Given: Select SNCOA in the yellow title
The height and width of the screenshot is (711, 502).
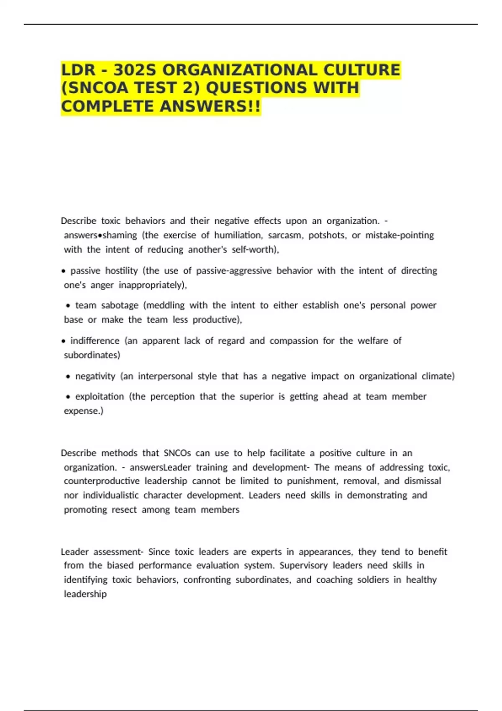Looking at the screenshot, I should click(x=98, y=88).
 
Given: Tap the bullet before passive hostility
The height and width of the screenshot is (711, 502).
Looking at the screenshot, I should click(x=63, y=271).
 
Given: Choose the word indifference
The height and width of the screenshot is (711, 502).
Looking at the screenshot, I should click(x=95, y=341).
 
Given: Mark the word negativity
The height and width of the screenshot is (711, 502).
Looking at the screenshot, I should click(x=95, y=376).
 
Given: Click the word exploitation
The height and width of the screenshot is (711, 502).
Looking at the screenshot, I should click(x=100, y=396).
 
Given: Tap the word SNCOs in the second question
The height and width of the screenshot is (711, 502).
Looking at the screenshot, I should click(x=177, y=453).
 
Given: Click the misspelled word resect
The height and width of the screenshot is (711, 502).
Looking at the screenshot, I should click(x=124, y=509).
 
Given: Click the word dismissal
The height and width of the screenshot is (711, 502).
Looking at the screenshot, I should click(x=423, y=481).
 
